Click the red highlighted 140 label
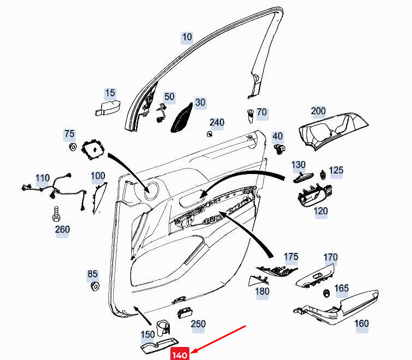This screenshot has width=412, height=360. [x=180, y=354]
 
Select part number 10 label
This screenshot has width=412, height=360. [x=187, y=38]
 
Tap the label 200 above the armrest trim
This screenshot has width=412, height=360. [x=318, y=111]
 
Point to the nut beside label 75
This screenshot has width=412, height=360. [x=72, y=147]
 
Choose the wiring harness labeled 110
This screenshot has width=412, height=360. [x=55, y=190]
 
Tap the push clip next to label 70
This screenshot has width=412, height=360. [x=250, y=116]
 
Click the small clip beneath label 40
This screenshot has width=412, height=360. [x=279, y=149]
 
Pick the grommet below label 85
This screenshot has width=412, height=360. [x=95, y=286]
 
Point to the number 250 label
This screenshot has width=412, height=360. [x=198, y=324]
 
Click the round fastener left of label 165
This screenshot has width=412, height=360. [x=327, y=294]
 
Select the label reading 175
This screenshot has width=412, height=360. [x=291, y=257]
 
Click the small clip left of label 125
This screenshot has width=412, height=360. [x=322, y=175]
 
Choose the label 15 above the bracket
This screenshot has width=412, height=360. [x=110, y=93]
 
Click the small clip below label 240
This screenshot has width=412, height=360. [x=210, y=134]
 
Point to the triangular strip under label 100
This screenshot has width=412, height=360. [x=99, y=197]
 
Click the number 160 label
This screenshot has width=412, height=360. [x=361, y=324]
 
